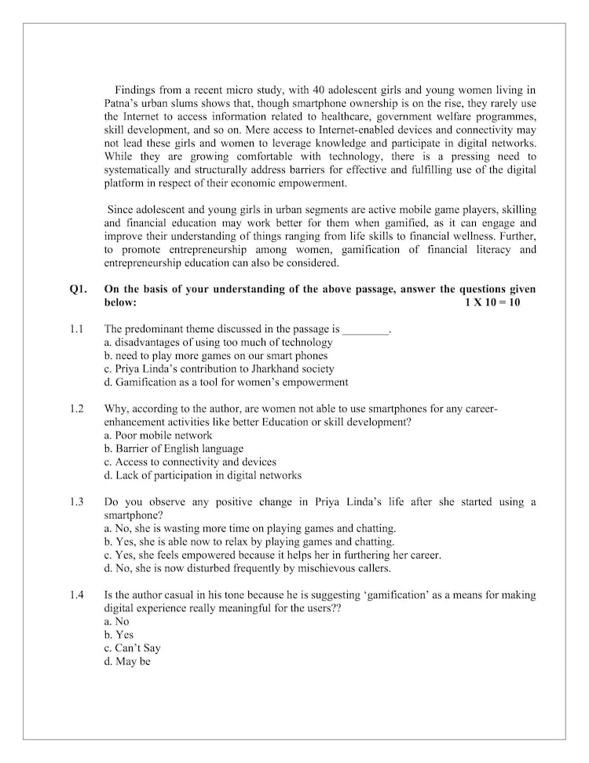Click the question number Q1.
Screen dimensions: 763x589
(x=78, y=289)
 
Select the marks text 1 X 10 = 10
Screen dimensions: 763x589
(x=492, y=302)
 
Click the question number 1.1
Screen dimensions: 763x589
(x=76, y=329)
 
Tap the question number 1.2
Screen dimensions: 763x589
(x=76, y=409)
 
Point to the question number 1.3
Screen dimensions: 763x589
(x=76, y=502)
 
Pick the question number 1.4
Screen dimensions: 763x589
(x=76, y=595)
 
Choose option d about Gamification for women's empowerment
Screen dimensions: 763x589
(x=226, y=383)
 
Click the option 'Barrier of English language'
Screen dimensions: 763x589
(x=174, y=449)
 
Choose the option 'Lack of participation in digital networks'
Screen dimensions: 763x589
(x=203, y=475)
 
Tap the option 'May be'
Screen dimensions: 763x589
(x=127, y=662)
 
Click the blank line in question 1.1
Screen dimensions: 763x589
(x=366, y=331)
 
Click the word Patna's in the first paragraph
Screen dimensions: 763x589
(x=123, y=103)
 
